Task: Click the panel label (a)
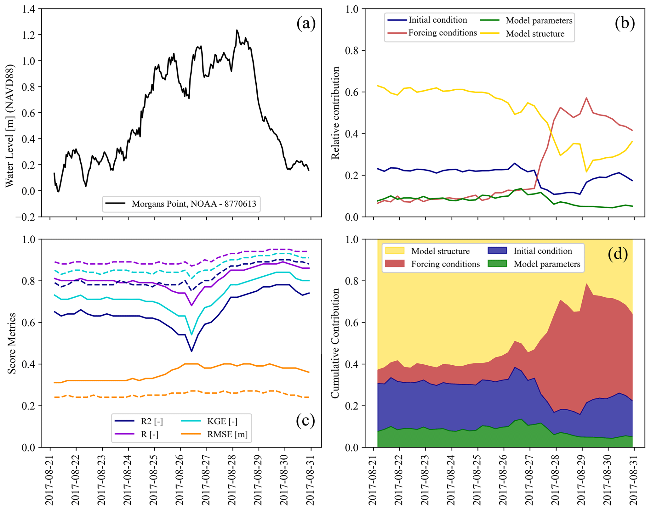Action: click(306, 24)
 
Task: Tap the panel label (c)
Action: click(305, 421)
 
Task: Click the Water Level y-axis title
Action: click(10, 126)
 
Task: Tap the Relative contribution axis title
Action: click(336, 113)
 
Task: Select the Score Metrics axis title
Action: click(12, 343)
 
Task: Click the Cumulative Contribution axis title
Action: click(335, 343)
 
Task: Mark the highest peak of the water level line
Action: click(237, 30)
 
